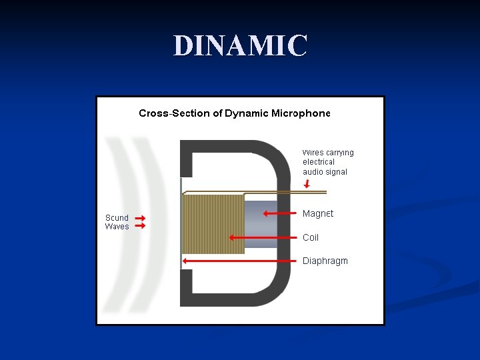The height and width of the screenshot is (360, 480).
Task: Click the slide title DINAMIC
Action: point(240,45)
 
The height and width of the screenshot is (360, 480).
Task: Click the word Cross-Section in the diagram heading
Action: point(174,113)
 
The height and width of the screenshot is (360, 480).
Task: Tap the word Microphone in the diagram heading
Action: point(300,113)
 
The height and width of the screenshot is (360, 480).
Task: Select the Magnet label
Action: point(318,214)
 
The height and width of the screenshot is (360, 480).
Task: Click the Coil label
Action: point(311,237)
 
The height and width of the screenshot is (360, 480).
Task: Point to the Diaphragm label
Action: point(325,261)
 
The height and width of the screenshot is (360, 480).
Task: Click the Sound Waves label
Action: point(117,222)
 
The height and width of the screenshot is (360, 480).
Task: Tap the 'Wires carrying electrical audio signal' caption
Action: point(328,162)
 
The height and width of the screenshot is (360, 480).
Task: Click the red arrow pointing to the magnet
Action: point(279,214)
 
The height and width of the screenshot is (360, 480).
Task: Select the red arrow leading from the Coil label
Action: point(263,237)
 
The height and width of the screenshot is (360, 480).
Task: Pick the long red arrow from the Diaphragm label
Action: point(240,261)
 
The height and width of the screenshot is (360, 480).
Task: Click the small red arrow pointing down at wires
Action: point(307,183)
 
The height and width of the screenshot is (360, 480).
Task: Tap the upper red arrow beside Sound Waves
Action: point(140,218)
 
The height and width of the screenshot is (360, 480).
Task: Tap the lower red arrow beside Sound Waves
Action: point(140,227)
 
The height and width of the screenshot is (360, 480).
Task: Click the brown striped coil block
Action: point(213,224)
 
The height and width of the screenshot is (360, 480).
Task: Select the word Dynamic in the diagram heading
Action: point(247,113)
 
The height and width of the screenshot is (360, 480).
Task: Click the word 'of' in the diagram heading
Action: point(217,113)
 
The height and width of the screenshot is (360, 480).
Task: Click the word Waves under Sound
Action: point(117,227)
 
